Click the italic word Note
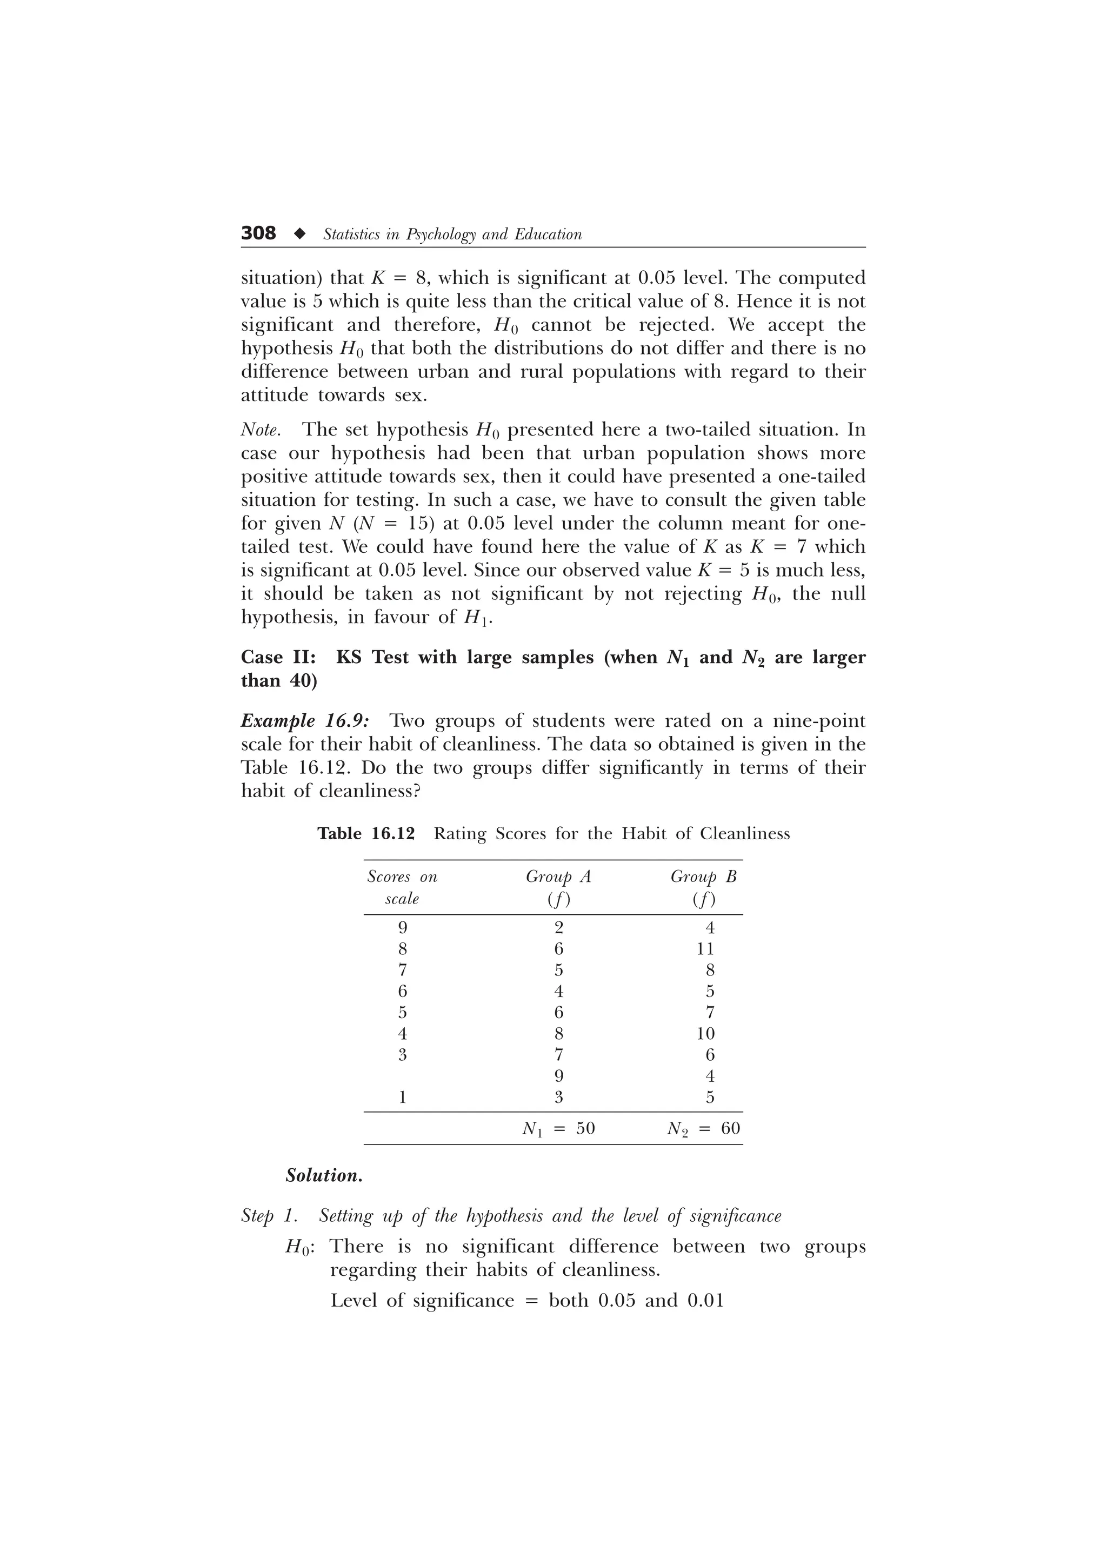[x=260, y=430]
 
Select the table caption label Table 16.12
[x=366, y=833]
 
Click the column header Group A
[x=558, y=876]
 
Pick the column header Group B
[x=703, y=876]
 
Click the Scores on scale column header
[x=402, y=887]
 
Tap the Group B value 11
[x=705, y=949]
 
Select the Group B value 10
[x=705, y=1033]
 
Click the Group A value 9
[x=558, y=1076]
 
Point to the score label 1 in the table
[x=402, y=1097]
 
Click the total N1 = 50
[x=558, y=1129]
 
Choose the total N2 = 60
[x=703, y=1129]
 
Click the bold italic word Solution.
[x=324, y=1176]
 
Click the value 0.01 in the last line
[x=705, y=1301]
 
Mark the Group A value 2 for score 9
[x=558, y=928]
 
